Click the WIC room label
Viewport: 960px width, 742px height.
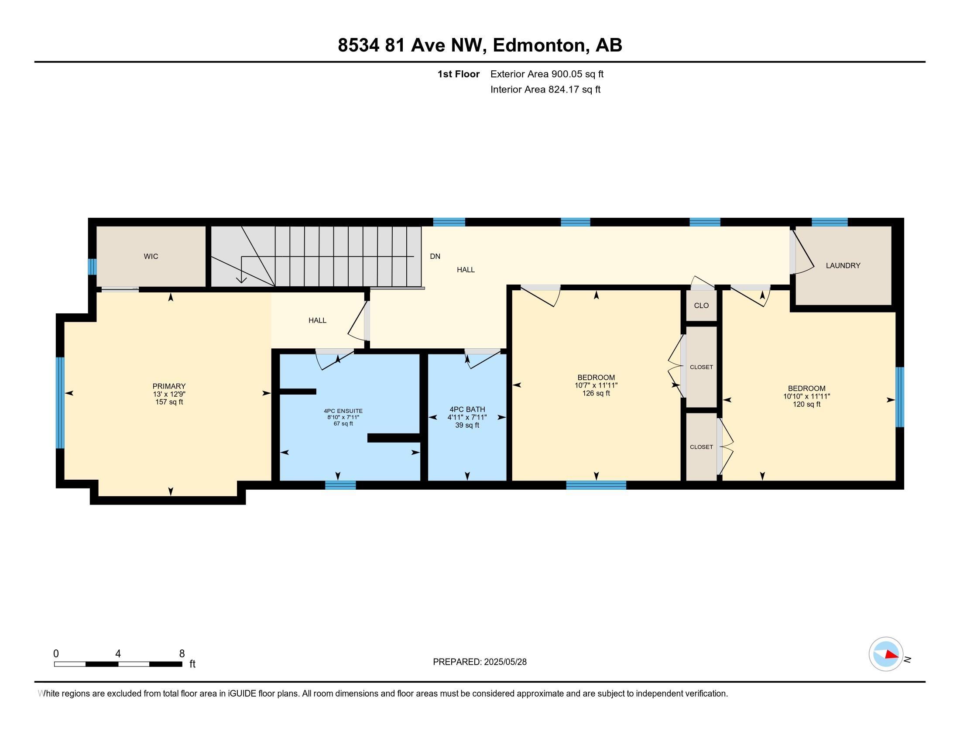[151, 256]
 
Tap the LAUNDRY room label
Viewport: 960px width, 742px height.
[843, 265]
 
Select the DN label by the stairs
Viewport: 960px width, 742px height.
[435, 256]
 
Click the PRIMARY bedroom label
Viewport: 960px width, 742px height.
[169, 386]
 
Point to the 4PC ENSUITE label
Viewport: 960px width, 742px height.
[343, 411]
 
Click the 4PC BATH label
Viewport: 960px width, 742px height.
[467, 409]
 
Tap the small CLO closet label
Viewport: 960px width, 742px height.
[701, 306]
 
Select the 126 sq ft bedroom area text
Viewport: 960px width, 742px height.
[596, 393]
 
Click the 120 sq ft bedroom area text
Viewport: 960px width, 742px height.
[806, 405]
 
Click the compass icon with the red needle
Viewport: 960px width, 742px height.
[885, 654]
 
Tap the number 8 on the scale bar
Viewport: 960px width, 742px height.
[182, 654]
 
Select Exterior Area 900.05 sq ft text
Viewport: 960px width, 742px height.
[546, 74]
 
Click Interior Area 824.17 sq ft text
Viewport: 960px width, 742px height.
[545, 89]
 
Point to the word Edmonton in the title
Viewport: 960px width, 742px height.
[541, 45]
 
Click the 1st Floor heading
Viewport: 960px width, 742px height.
[458, 74]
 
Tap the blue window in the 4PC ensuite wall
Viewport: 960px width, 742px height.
[340, 485]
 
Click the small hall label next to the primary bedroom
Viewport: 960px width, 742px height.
[317, 320]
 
